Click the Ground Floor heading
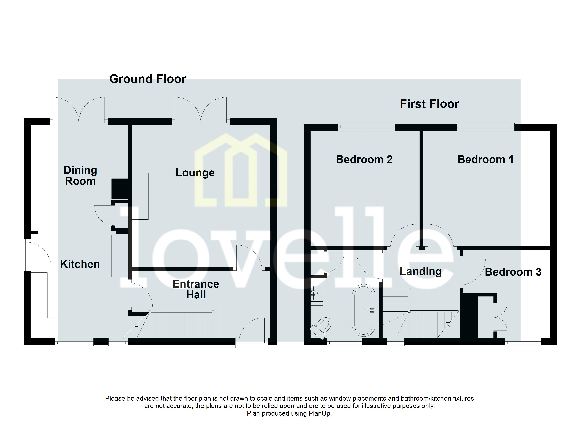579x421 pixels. point(148,79)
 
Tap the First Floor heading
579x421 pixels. point(429,104)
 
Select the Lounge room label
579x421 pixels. point(195,173)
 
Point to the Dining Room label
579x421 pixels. point(80,175)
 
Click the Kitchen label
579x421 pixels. point(80,264)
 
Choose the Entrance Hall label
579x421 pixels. point(196,289)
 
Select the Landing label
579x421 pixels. point(420,271)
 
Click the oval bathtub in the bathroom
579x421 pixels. point(364,310)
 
